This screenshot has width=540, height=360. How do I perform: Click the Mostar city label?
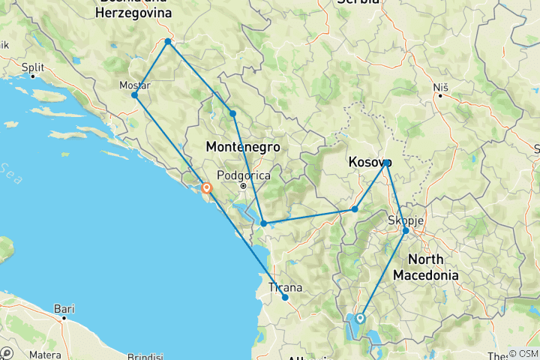pos(135,85)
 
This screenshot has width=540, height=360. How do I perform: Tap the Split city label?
pos(34,67)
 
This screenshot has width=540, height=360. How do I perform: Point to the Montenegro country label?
pos(242,148)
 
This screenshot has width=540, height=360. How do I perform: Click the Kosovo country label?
pos(370,162)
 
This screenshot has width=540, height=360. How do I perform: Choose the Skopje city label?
pos(406,220)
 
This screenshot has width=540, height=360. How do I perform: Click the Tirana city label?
pos(286,287)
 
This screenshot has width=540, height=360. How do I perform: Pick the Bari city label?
pos(64,307)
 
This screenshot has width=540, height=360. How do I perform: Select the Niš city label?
pos(440,87)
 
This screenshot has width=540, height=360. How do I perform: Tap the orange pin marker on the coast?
pos(205,189)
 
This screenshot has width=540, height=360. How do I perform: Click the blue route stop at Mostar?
pos(134,95)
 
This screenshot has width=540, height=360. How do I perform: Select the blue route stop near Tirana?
pos(286,298)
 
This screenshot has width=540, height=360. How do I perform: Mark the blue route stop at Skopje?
pos(406,231)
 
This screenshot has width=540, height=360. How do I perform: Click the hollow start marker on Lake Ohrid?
pos(360,318)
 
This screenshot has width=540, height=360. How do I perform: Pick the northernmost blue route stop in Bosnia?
pos(168,41)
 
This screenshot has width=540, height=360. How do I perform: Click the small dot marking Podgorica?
pos(243,185)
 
